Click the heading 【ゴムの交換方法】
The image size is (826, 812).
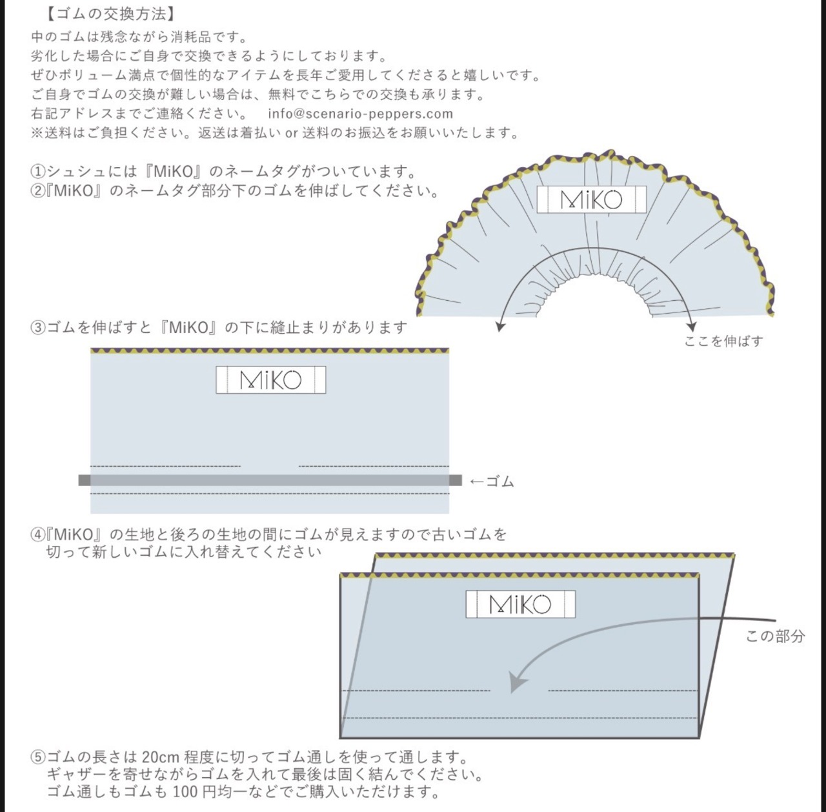110,14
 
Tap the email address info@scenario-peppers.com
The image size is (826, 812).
361,114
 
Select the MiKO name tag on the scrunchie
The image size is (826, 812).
592,199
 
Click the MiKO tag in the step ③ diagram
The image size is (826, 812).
271,380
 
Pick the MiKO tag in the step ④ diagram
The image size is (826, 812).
520,604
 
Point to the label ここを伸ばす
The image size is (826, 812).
723,341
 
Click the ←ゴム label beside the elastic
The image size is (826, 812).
492,482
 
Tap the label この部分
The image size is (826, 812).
775,636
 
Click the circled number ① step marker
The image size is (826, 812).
38,172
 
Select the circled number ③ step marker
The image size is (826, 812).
38,328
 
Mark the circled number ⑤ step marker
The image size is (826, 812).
38,757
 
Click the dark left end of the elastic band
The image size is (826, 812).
85,480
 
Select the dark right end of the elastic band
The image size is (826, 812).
455,480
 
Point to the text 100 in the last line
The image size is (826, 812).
186,791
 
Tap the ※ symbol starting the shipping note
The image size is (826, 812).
37,133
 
